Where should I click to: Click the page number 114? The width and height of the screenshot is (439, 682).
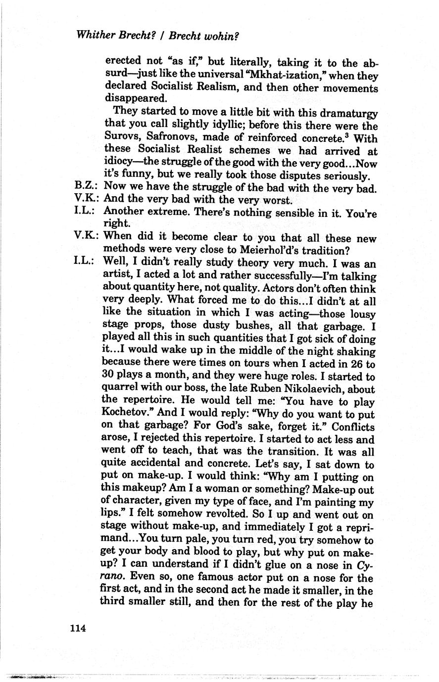[x=78, y=628]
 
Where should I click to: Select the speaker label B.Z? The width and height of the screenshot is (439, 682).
[x=85, y=187]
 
